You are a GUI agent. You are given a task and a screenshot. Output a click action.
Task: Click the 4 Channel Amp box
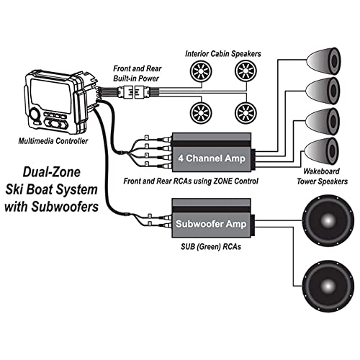pos(214,148)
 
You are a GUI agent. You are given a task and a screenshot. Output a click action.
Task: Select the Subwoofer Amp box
pos(214,222)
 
